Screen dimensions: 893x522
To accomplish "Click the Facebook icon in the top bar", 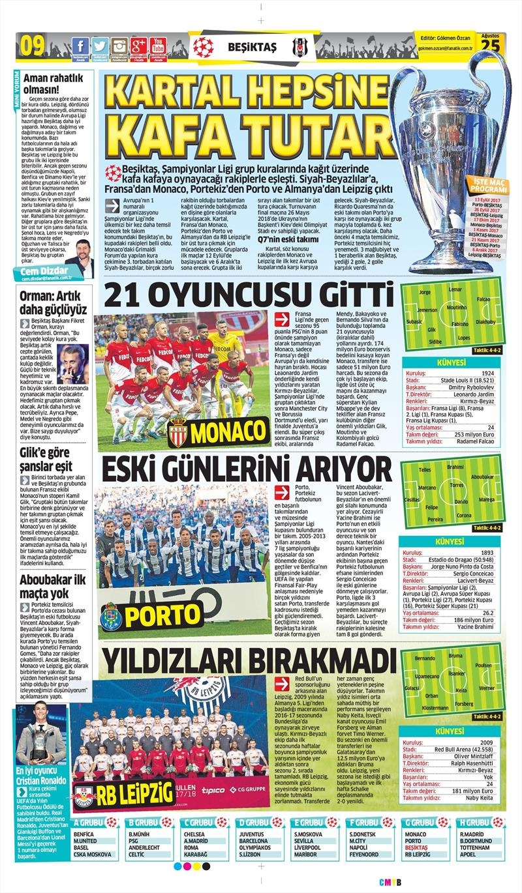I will [x=80, y=46].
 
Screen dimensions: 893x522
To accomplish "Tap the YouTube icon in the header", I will [x=157, y=46].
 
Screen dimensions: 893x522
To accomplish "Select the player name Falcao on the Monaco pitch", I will [x=484, y=299].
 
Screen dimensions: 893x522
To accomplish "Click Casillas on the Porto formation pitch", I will [x=412, y=499].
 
